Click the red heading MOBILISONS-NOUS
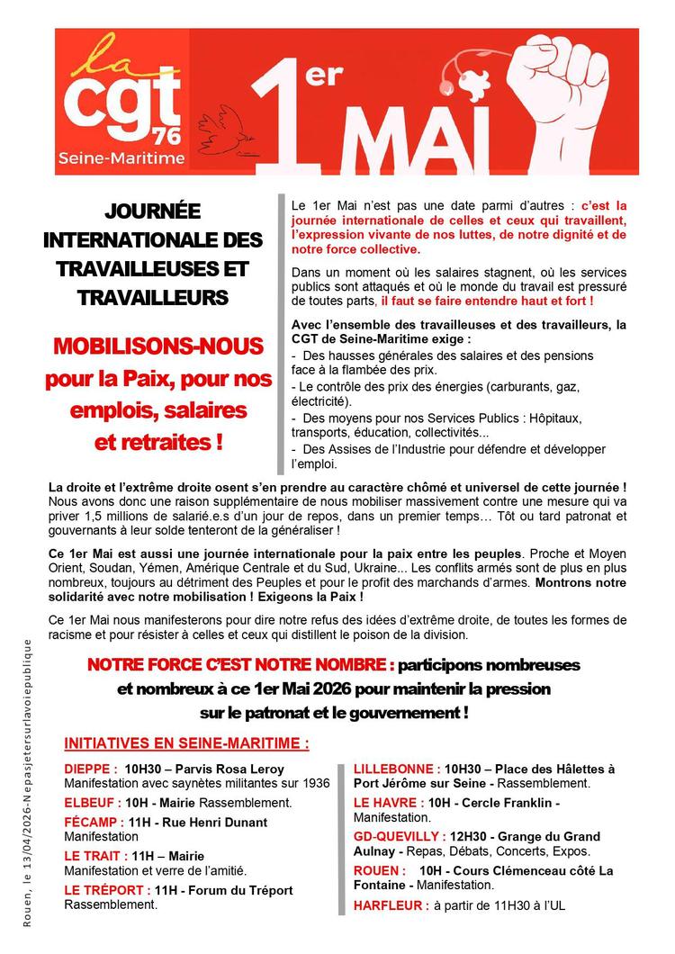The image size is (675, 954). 156,346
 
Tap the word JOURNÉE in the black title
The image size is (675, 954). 153,212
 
